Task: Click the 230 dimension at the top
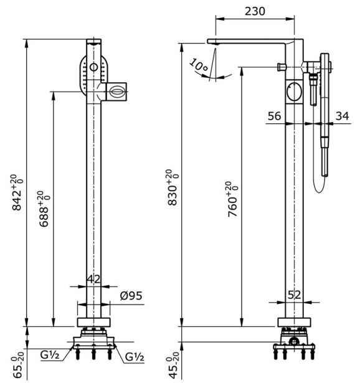click(255, 11)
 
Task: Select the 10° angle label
click(199, 65)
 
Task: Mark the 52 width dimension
click(296, 295)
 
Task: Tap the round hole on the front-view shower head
click(93, 67)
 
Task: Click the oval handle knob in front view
click(117, 91)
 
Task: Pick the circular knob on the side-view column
click(295, 93)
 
